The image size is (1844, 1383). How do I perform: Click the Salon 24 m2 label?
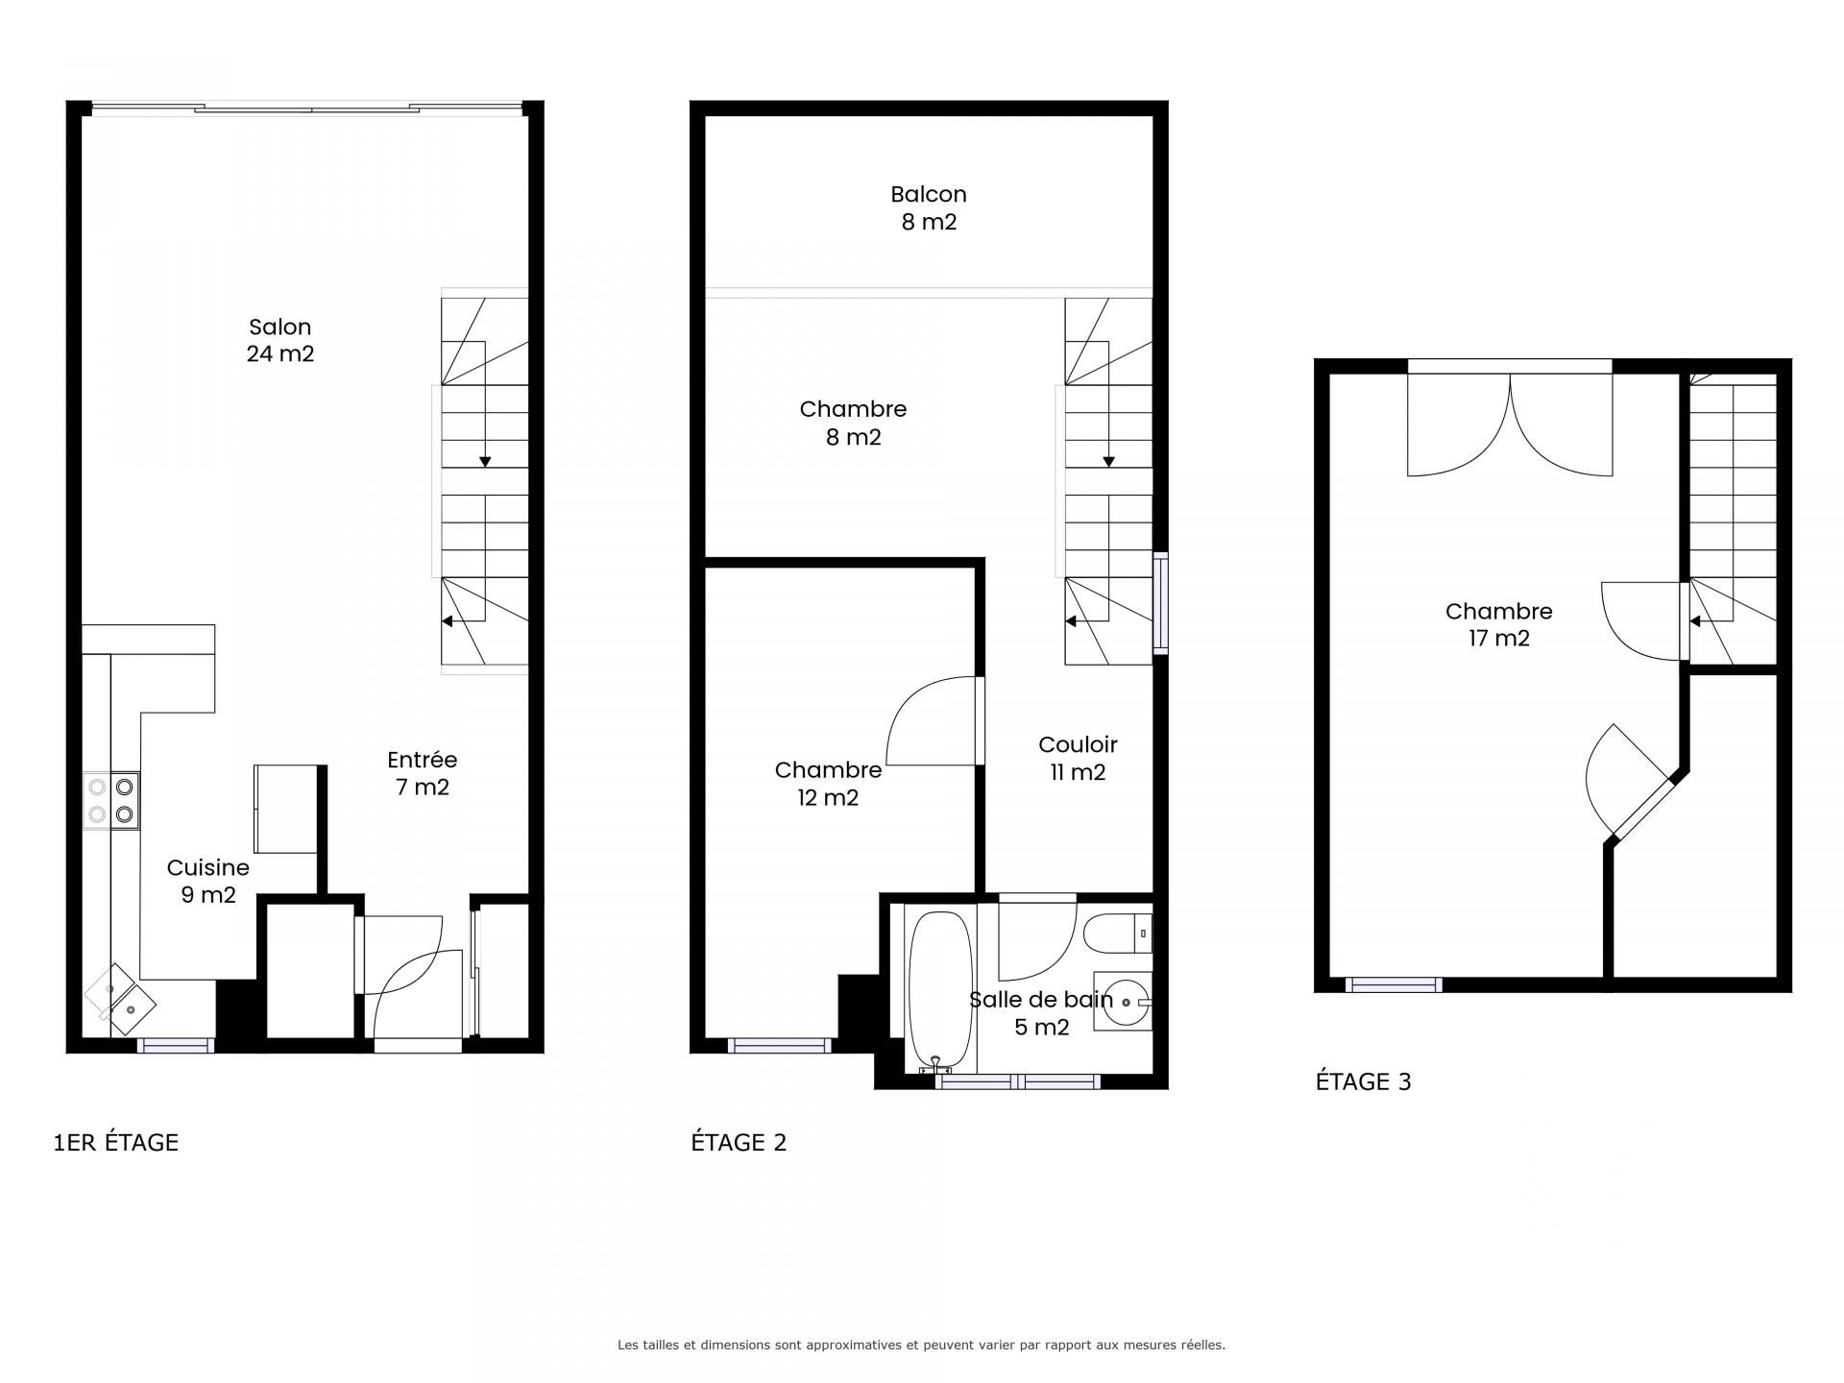point(280,340)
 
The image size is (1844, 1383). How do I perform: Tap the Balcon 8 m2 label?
point(929,207)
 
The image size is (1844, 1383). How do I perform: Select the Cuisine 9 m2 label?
point(208,881)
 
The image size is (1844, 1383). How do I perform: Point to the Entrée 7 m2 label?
point(423,773)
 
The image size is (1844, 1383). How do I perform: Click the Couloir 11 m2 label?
point(1078,758)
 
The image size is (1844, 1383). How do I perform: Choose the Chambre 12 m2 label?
point(828,784)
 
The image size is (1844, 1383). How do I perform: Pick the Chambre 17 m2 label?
point(1498,624)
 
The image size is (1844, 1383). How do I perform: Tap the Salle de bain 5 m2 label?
point(1041,1013)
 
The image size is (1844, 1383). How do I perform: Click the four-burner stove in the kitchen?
point(110,801)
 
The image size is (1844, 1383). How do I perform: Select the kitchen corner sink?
point(121,999)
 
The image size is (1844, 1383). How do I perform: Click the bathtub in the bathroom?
point(940,991)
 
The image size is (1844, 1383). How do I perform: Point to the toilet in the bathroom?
point(1117,933)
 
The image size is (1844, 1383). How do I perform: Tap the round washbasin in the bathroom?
point(1126,1002)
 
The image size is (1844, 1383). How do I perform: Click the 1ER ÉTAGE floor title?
point(116,1142)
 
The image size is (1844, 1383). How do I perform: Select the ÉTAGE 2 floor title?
point(739,1142)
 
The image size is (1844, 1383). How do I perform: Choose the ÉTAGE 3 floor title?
point(1363,1081)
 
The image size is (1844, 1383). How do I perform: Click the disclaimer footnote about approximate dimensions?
point(921,1346)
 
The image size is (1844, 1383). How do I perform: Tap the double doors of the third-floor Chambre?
point(1510,419)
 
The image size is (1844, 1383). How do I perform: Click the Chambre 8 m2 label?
point(853,423)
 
